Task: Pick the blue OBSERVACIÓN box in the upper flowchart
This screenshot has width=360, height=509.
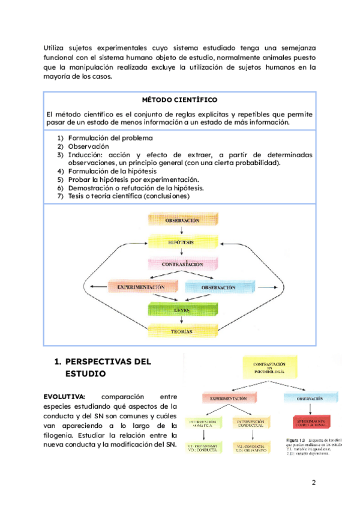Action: [x=217, y=288]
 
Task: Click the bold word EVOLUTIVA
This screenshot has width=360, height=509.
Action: [x=65, y=397]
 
